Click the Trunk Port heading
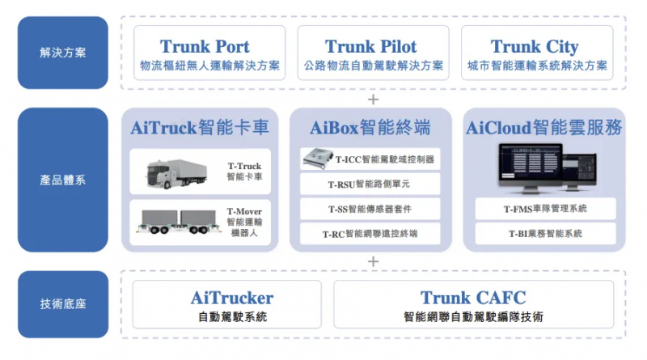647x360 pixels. point(205,47)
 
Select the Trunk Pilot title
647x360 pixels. point(370,47)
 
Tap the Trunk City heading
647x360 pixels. point(535,47)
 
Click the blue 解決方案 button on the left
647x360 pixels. point(63,53)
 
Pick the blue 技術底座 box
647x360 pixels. point(63,304)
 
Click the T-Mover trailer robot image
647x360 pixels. point(179,222)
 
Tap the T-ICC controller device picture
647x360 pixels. point(318,159)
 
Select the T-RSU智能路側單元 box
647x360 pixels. point(370,184)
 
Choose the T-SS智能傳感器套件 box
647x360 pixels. point(370,209)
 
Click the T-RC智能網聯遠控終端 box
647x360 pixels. point(370,234)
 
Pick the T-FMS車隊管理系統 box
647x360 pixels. point(545,209)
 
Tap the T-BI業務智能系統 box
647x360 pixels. point(545,234)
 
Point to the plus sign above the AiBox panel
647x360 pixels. point(373,100)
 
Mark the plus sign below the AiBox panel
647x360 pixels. point(373,262)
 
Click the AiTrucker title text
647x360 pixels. point(232,298)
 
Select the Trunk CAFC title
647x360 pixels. point(473,298)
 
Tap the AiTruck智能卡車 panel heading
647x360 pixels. point(200,128)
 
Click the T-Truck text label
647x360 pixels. point(244,166)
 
